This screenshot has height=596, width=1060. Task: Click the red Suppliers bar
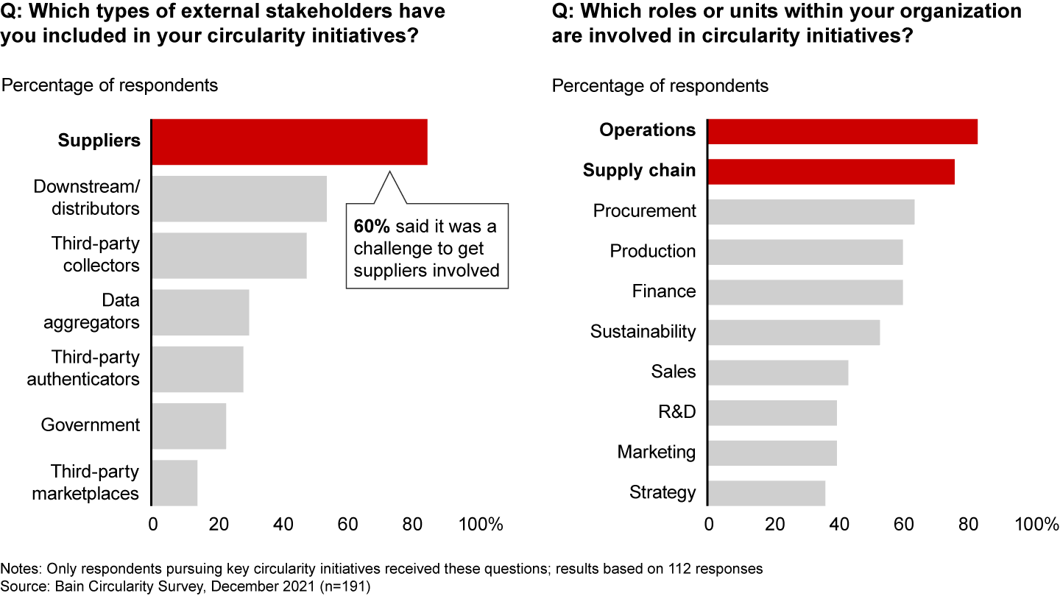click(289, 141)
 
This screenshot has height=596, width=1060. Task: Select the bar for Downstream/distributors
click(239, 199)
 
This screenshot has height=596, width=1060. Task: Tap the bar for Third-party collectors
click(229, 255)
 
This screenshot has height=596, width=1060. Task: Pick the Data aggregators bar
click(200, 312)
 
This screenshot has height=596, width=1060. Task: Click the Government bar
click(189, 426)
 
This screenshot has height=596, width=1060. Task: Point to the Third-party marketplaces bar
click(175, 483)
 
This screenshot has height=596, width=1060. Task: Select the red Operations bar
click(842, 131)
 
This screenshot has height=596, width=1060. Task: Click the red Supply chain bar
click(831, 171)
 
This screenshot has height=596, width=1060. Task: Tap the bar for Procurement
click(811, 212)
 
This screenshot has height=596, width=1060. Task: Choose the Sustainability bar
click(794, 333)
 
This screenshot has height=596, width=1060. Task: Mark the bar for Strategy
click(766, 493)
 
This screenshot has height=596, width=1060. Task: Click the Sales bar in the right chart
click(778, 372)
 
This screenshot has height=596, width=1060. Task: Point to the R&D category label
click(676, 412)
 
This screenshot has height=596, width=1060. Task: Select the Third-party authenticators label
click(83, 369)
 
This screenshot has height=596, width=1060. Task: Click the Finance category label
click(663, 291)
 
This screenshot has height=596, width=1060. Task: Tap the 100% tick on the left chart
click(481, 525)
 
